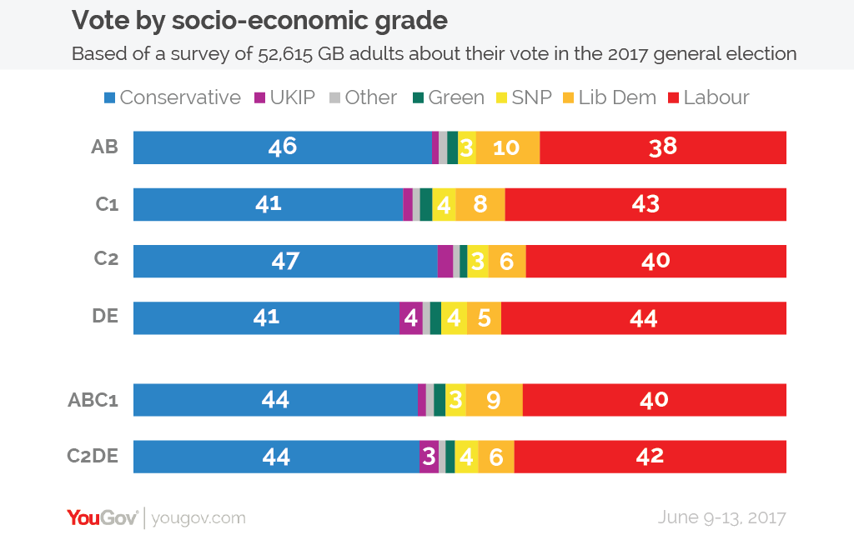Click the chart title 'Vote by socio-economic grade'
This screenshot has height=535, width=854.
click(259, 20)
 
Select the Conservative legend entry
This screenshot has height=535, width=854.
click(172, 97)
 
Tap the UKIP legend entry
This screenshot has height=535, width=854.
click(284, 97)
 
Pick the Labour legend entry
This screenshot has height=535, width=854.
click(708, 97)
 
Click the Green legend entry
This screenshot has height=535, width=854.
click(448, 97)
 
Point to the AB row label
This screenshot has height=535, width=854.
click(104, 147)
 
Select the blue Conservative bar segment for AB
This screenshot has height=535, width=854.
click(282, 147)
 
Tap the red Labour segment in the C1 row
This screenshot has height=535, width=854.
click(646, 204)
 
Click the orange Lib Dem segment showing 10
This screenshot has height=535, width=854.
click(507, 147)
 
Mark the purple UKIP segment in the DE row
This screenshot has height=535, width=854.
click(410, 318)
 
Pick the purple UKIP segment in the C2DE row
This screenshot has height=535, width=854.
click(429, 457)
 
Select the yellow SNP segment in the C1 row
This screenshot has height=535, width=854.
click(444, 204)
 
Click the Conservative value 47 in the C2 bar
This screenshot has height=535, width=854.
click(285, 261)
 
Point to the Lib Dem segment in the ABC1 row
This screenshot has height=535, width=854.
click(494, 400)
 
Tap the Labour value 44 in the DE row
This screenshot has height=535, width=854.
click(644, 318)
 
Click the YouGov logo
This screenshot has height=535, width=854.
click(102, 517)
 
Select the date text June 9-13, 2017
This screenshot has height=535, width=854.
click(721, 517)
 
